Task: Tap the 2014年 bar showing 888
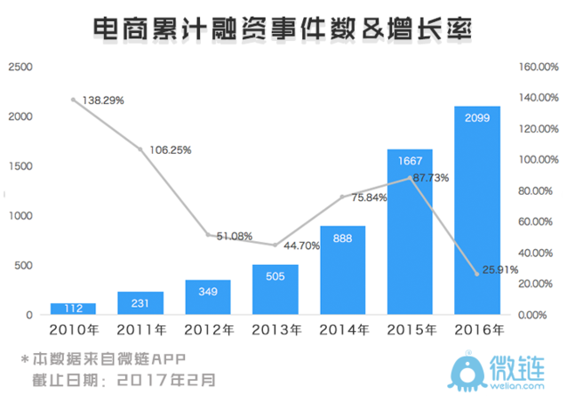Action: click(342, 270)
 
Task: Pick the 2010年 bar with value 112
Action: click(73, 309)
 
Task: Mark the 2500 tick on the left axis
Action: click(20, 68)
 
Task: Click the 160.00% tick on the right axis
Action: click(537, 68)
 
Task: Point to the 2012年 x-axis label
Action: click(207, 331)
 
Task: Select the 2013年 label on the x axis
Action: click(275, 331)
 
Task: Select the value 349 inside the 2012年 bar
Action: click(207, 293)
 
